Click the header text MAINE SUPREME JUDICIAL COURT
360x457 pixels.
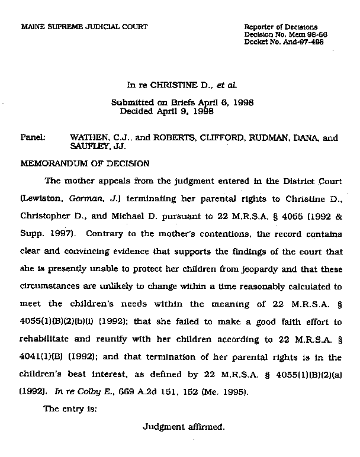(84, 27)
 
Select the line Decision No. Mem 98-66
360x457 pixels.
(285, 35)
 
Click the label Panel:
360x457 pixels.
(33, 138)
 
